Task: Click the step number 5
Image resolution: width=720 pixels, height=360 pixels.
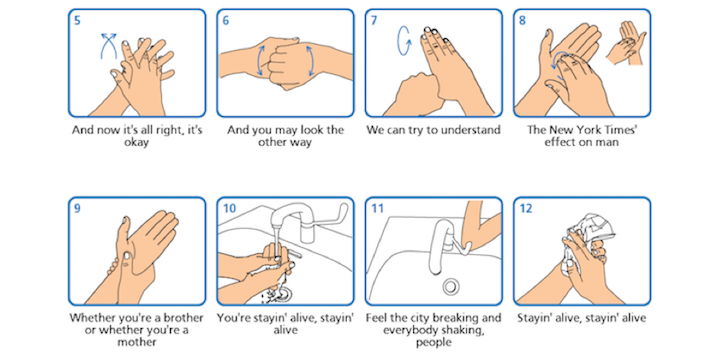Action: (x=77, y=21)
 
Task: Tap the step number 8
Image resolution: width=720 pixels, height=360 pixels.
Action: (x=522, y=21)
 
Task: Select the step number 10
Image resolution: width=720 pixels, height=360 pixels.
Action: (x=229, y=209)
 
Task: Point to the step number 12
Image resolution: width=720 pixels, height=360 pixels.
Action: (x=526, y=209)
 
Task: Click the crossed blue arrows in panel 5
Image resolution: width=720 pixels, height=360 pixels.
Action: (x=109, y=46)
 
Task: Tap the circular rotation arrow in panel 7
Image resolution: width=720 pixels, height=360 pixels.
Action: (x=404, y=40)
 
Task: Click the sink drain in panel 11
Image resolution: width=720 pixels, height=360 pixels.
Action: (x=451, y=286)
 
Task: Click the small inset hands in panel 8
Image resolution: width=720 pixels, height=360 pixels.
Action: (x=626, y=44)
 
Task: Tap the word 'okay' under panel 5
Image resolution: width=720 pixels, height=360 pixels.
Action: (x=137, y=142)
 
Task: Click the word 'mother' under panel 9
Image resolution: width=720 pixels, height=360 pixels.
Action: (x=137, y=342)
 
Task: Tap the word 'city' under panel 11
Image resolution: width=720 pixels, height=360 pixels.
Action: (x=417, y=318)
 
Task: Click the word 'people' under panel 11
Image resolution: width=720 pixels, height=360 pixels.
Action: (x=434, y=343)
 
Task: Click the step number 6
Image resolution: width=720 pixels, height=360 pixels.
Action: (x=226, y=21)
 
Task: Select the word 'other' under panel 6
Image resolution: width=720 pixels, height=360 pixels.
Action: (x=272, y=142)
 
